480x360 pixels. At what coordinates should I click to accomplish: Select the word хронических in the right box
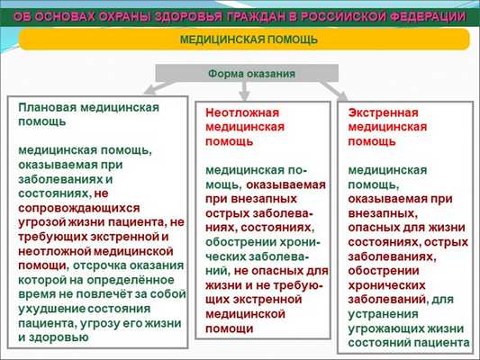[384, 285]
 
